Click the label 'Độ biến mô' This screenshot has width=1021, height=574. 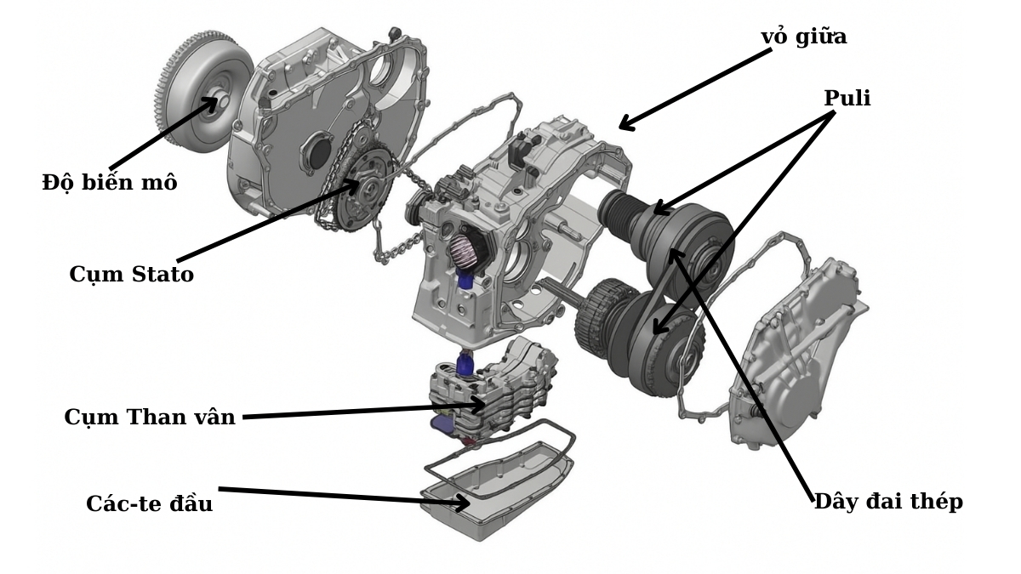tap(110, 182)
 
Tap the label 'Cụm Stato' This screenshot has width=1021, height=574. tap(131, 275)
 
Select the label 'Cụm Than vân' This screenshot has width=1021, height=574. tap(150, 418)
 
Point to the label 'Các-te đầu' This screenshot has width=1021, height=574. tap(149, 503)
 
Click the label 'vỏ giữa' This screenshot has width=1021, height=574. tap(803, 37)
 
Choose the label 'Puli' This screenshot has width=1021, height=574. tap(847, 99)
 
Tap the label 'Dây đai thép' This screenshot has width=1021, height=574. tap(888, 501)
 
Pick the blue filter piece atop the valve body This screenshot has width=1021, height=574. tap(466, 365)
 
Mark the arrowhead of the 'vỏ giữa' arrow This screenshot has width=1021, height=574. tap(625, 126)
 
